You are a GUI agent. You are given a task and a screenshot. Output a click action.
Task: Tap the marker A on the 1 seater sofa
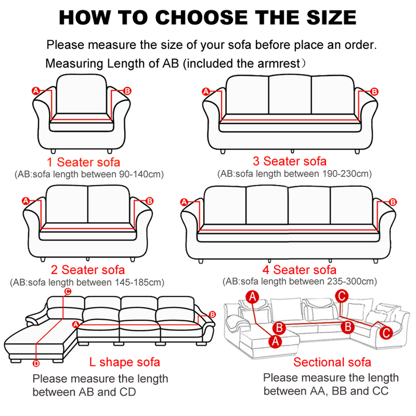pos(36,91)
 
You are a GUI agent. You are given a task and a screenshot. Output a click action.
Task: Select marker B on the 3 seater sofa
pos(374,92)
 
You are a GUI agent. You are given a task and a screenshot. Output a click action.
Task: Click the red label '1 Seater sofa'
pos(84,162)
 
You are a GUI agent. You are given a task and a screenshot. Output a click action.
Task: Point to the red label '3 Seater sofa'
pos(290,161)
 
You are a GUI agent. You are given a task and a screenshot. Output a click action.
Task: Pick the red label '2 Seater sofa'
pos(88,270)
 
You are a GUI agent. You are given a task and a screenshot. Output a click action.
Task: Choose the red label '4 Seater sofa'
pos(299,270)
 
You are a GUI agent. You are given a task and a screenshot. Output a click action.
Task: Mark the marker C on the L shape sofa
pos(67,292)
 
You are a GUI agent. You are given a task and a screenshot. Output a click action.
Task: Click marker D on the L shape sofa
pos(36,363)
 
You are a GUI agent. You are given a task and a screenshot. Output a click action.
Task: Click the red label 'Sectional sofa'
pos(332,362)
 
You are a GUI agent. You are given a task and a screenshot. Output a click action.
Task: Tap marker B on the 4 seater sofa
pos(392,202)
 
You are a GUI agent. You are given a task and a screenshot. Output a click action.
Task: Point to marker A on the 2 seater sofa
pos(25,200)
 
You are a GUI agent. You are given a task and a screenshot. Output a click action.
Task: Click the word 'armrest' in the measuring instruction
pos(279,63)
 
